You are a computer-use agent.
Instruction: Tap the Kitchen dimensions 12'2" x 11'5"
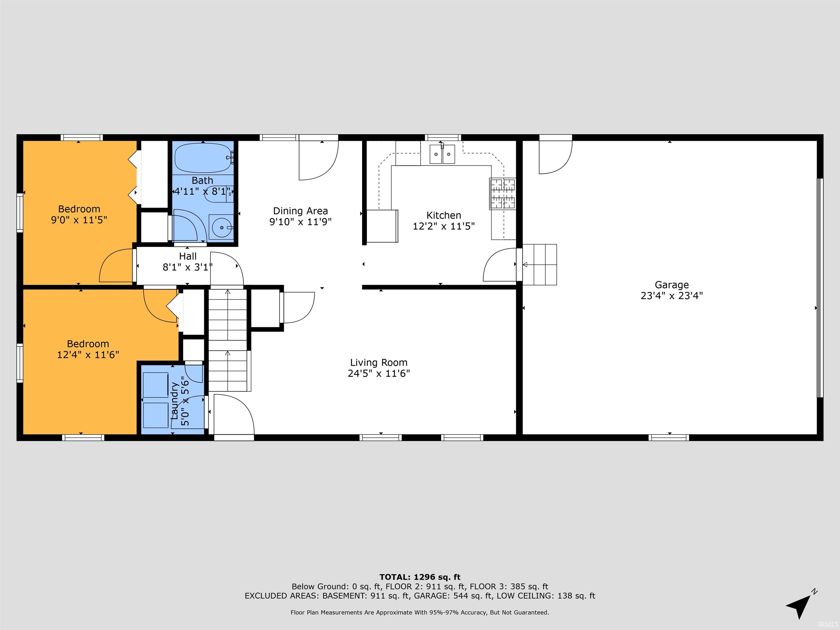444,226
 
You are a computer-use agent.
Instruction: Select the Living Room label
379,363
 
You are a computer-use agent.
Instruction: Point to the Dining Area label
301,211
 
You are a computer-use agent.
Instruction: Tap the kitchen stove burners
502,194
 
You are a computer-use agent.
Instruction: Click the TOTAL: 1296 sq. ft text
420,577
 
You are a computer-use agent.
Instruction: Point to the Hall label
188,256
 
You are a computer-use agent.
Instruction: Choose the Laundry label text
174,401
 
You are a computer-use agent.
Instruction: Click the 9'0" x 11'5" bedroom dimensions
79,220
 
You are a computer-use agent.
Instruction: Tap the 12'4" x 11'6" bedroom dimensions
88,355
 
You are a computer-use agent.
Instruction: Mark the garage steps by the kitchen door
539,265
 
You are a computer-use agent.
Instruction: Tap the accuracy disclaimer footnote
420,612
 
